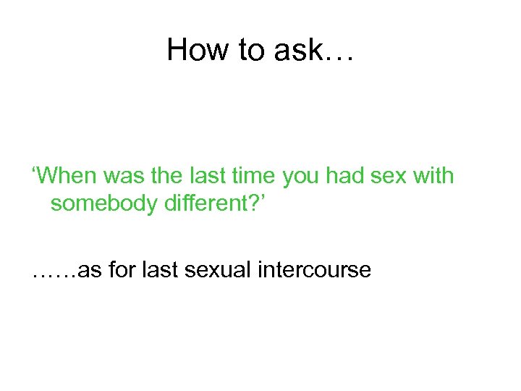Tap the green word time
250,175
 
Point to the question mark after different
248,204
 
